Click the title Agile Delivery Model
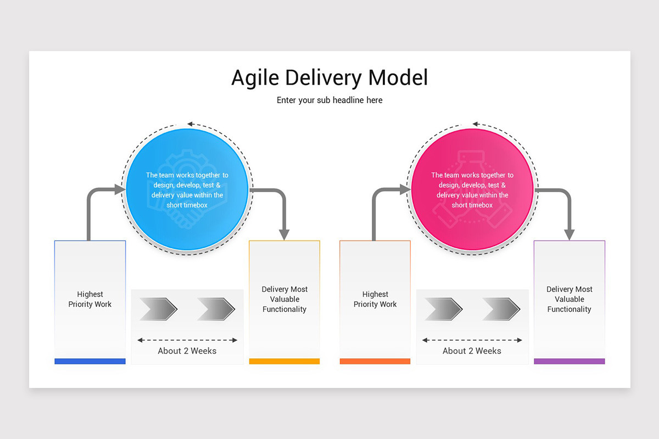click(329, 77)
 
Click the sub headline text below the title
click(329, 100)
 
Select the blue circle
click(187, 190)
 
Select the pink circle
click(472, 190)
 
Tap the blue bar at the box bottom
click(90, 361)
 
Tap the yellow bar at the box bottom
click(284, 361)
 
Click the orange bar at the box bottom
click(375, 361)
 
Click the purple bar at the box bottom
click(569, 361)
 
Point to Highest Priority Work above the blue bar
click(90, 299)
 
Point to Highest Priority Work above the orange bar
click(375, 299)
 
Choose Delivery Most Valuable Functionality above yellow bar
click(284, 299)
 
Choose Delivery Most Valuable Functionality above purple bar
click(569, 299)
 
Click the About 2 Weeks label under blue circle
click(187, 351)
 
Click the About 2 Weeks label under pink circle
click(472, 351)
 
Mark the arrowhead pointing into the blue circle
click(120, 190)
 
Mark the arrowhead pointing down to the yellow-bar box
click(284, 234)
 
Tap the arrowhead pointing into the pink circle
click(405, 190)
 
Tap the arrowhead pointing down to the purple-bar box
click(569, 234)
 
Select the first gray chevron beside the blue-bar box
click(158, 309)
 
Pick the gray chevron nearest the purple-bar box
click(501, 309)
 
